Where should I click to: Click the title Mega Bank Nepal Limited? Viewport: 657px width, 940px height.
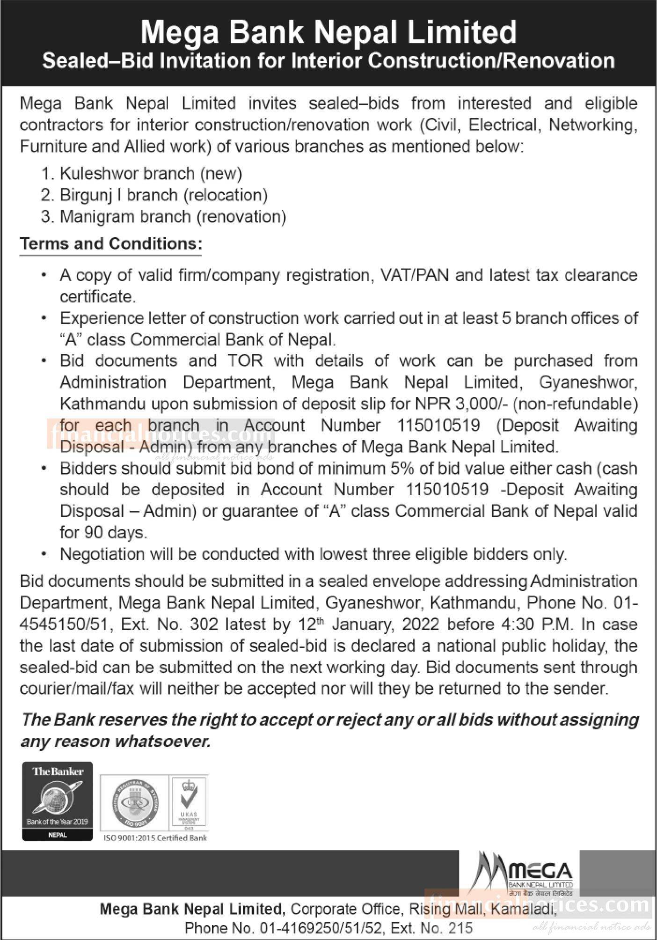328,32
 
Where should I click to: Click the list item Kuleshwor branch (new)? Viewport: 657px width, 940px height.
151,174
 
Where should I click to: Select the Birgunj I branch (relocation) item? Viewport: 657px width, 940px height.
164,195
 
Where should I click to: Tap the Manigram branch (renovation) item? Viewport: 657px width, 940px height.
173,217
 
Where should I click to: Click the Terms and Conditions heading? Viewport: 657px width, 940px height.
111,244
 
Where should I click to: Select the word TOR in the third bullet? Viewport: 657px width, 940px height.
245,361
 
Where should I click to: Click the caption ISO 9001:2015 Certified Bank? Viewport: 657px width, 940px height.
155,837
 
